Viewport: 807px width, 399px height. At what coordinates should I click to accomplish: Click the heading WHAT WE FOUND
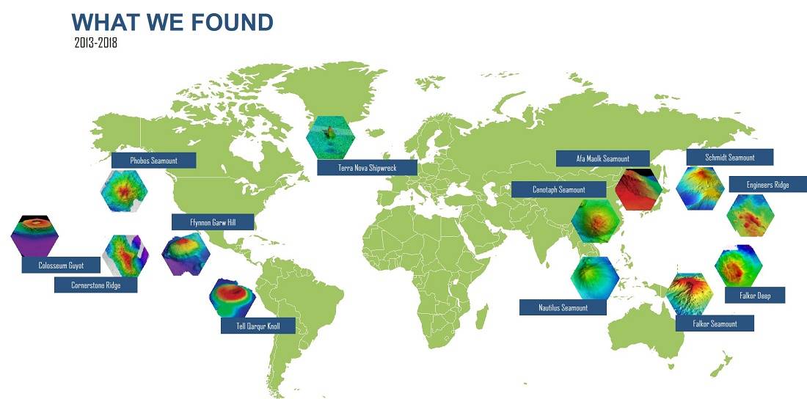pos(172,22)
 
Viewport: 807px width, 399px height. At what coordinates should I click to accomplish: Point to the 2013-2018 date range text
pos(95,43)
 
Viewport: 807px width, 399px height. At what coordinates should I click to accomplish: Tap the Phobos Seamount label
pos(153,160)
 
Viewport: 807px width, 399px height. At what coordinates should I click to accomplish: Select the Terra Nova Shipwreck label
pos(367,167)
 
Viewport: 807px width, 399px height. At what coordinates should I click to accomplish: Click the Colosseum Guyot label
pos(61,265)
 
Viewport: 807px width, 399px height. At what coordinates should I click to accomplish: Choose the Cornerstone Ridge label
pos(95,285)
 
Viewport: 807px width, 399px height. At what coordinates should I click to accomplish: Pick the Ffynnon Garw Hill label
pos(213,222)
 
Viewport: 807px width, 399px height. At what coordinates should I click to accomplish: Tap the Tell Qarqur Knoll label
pos(258,326)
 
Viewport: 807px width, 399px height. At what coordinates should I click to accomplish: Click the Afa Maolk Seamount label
pos(602,158)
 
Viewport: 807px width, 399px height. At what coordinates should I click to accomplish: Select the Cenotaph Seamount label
pos(558,189)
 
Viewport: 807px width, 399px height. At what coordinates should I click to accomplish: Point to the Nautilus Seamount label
pos(563,307)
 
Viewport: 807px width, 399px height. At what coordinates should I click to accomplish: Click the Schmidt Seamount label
pos(730,158)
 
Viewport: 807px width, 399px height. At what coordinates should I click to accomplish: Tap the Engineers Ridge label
pos(767,184)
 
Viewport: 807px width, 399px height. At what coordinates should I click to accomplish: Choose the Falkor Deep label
pos(755,295)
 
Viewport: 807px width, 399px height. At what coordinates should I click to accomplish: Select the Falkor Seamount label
pos(715,323)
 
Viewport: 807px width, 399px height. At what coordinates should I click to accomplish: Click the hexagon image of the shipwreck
pos(330,137)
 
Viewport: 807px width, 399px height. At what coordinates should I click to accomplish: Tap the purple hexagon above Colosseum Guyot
pos(34,235)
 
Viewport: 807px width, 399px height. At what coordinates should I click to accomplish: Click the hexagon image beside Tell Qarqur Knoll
pos(233,298)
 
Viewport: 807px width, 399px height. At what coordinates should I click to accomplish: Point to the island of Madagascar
pos(482,316)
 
